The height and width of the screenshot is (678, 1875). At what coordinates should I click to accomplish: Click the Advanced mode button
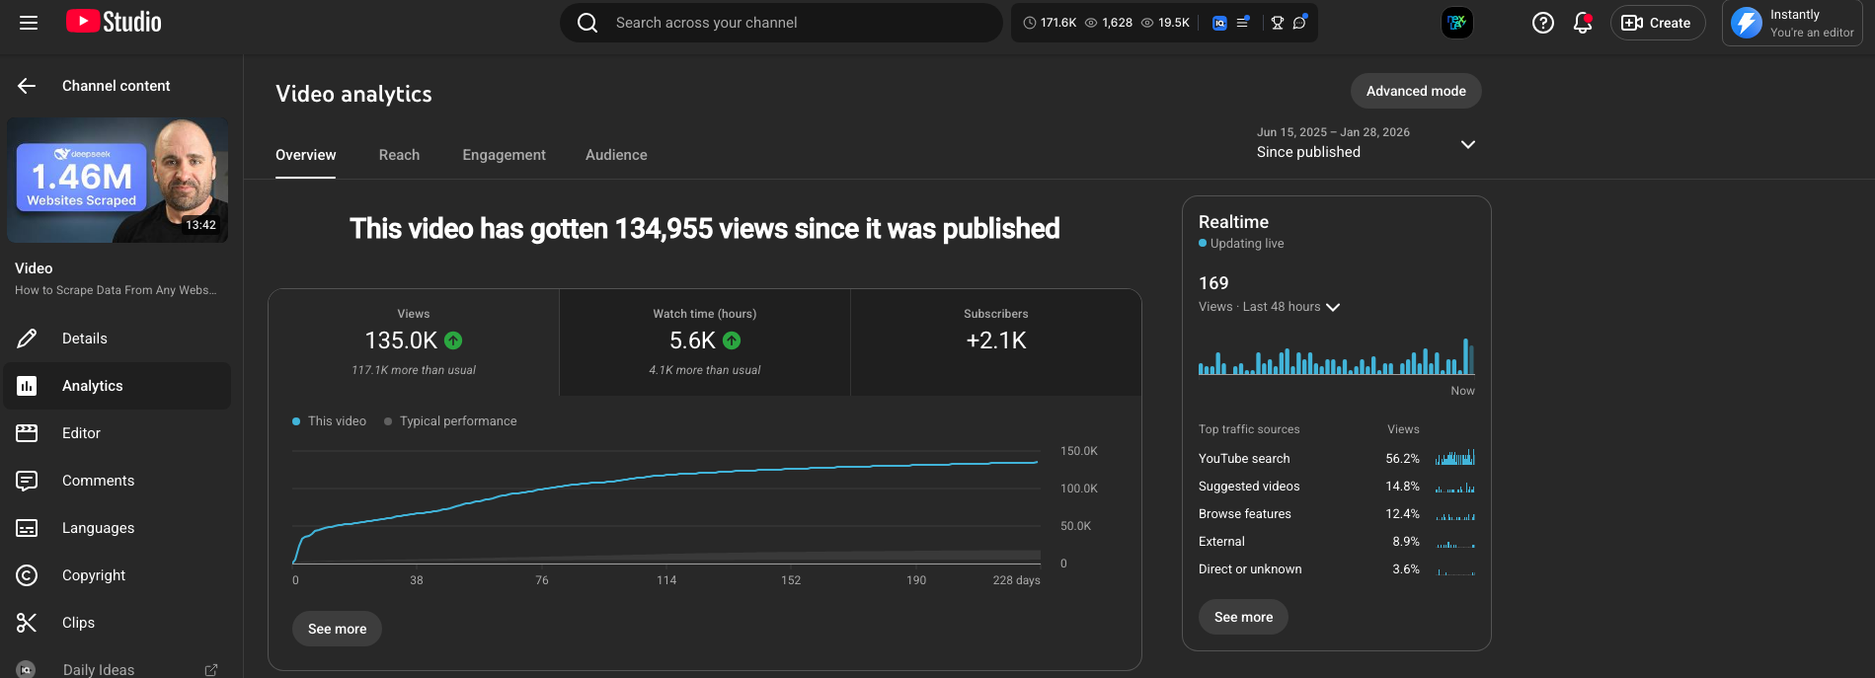1415,91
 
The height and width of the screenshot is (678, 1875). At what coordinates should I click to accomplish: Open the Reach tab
399,155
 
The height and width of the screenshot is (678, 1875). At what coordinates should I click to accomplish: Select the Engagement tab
504,155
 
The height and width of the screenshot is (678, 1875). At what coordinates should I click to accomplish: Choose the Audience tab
616,155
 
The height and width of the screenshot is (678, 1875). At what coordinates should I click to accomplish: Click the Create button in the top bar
1657,23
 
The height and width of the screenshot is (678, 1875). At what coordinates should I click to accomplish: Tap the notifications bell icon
1582,23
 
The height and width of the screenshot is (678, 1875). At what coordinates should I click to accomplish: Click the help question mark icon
1542,23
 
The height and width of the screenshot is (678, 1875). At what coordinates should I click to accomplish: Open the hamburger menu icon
29,23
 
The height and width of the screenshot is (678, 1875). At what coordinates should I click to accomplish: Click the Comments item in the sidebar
98,481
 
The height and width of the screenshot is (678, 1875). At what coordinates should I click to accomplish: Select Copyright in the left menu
94,575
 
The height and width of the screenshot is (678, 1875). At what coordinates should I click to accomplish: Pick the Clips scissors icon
27,623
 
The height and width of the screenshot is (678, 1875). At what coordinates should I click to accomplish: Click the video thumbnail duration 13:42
200,225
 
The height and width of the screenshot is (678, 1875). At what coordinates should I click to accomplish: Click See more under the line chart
337,629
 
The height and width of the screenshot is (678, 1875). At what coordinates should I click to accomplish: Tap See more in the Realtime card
1243,617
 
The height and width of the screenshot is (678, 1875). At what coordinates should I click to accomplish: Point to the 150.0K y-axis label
1078,451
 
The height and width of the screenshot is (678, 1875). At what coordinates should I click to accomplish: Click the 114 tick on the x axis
666,580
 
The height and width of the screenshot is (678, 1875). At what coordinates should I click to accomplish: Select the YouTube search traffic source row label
1244,459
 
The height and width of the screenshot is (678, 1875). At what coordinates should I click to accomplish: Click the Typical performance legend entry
457,421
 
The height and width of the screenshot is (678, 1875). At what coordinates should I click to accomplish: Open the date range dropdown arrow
1467,144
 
